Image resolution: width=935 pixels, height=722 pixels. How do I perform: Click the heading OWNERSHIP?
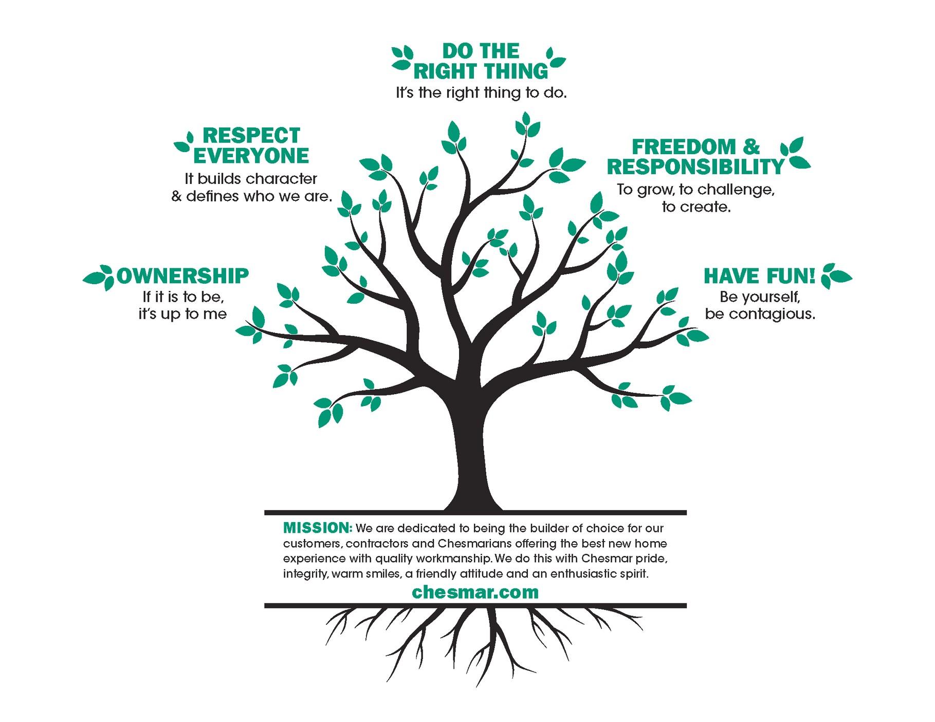coord(182,276)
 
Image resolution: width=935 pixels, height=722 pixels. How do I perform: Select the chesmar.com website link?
coord(475,592)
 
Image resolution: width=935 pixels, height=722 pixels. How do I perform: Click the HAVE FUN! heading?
coord(759,276)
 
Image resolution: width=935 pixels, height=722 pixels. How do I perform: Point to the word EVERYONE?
coord(251,155)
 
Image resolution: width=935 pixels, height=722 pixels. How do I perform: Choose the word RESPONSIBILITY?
coord(695,167)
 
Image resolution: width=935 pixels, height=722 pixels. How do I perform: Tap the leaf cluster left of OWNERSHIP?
coord(99,277)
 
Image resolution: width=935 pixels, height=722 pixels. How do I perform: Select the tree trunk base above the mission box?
coord(473,493)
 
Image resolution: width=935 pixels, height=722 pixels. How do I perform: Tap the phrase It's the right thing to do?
coord(481,94)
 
